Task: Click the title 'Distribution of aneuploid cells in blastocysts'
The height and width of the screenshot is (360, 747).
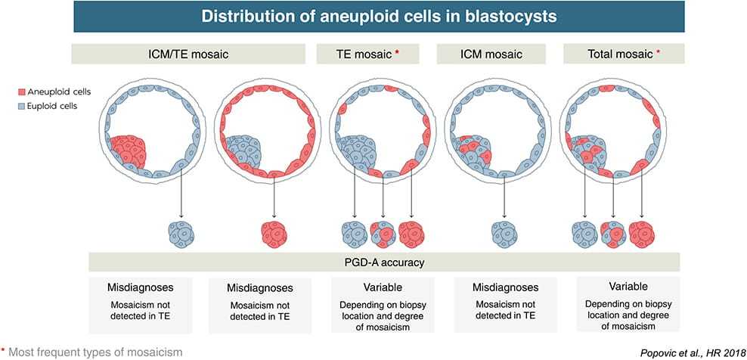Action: (x=380, y=16)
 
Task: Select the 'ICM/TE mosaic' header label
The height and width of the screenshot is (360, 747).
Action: (x=188, y=54)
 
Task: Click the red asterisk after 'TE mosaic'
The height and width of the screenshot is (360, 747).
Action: (x=397, y=52)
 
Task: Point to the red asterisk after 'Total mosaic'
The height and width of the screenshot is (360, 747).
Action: (x=659, y=52)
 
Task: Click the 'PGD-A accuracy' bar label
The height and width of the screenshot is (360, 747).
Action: (x=384, y=262)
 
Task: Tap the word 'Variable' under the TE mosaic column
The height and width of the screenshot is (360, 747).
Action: (x=383, y=288)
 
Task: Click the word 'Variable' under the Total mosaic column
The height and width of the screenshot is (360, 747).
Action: (x=628, y=287)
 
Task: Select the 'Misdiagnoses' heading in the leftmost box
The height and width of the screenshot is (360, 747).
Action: (x=140, y=288)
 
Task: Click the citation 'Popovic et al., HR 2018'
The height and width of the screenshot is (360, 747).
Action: (x=690, y=353)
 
